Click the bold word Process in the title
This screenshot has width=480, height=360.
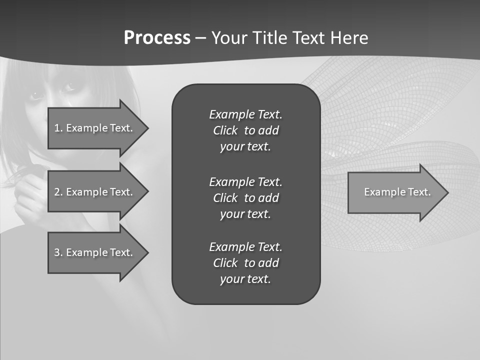(157, 38)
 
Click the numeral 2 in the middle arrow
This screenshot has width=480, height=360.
(56, 192)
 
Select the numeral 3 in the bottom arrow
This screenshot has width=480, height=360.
(56, 252)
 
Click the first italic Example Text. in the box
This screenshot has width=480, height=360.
(245, 114)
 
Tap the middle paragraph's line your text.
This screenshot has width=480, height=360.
(245, 214)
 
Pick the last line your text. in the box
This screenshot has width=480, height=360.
(245, 279)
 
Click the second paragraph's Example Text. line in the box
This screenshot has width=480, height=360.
(245, 181)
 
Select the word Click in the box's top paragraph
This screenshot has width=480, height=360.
(225, 130)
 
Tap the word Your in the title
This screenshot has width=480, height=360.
(229, 38)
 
